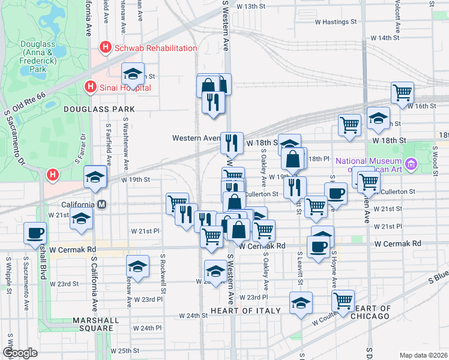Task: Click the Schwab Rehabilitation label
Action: [155, 48]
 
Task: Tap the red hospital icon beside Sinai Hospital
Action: [90, 87]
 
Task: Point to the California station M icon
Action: [102, 205]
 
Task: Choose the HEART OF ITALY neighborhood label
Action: [246, 310]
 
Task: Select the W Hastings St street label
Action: [336, 22]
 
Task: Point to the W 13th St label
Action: [251, 6]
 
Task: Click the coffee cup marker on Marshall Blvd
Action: [35, 233]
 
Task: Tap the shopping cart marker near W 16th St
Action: [402, 92]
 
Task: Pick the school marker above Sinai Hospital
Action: [133, 74]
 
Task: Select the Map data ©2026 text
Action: [423, 355]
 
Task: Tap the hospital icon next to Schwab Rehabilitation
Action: [106, 47]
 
